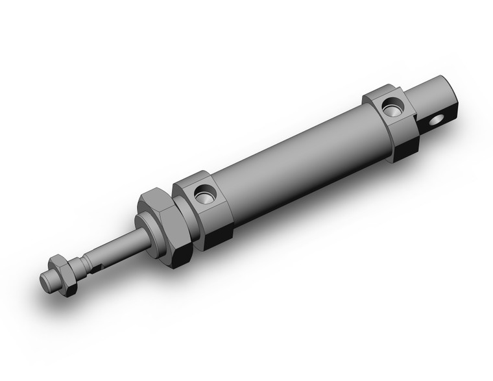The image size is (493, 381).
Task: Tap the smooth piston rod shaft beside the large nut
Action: click(126, 244)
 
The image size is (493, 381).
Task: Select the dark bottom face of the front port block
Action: click(219, 236)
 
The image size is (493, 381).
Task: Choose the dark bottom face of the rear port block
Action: click(405, 149)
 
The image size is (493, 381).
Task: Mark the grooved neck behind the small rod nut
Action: click(81, 263)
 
